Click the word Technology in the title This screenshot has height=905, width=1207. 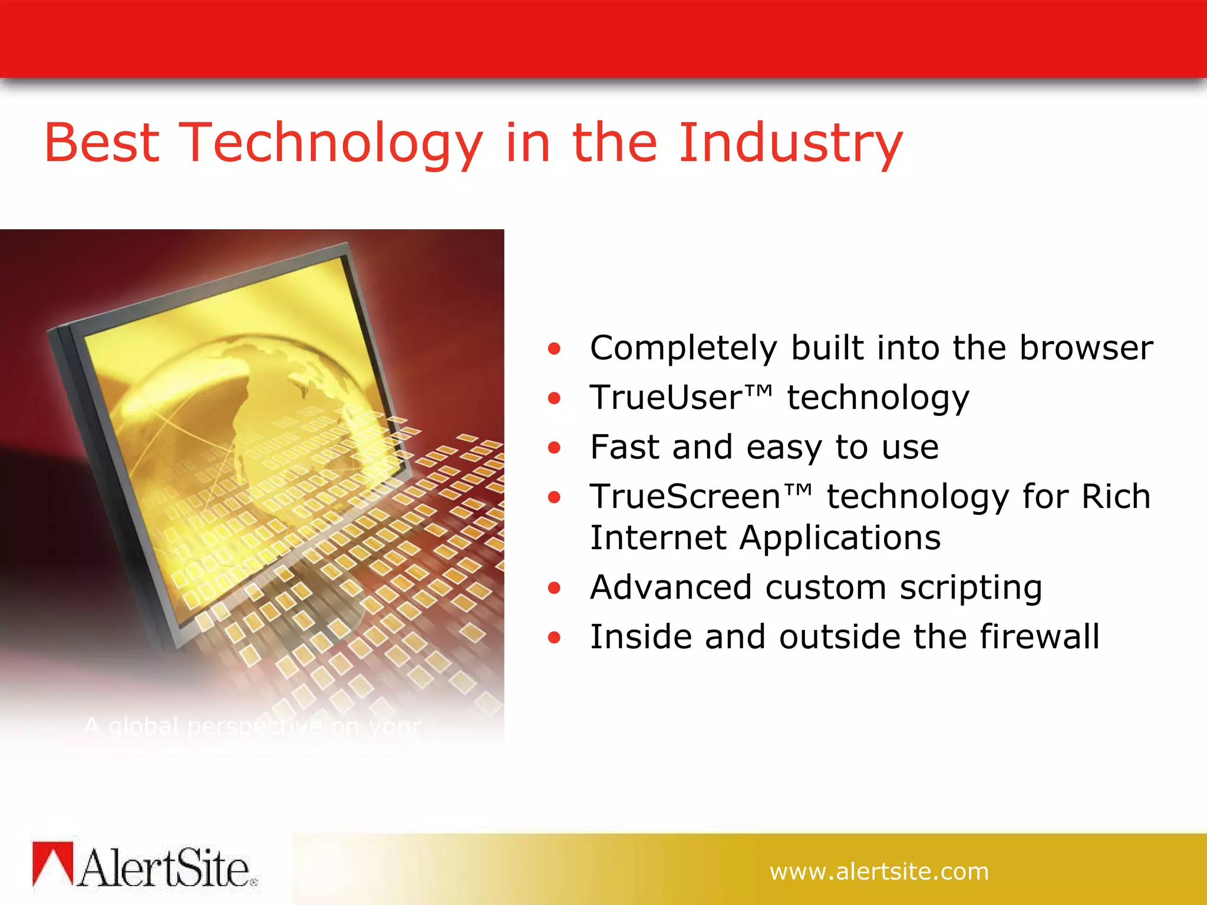click(x=330, y=143)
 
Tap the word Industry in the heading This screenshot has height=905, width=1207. click(x=790, y=143)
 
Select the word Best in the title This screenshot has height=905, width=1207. click(x=101, y=143)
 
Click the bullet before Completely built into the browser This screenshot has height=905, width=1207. click(x=553, y=349)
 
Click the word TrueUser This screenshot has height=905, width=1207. click(x=666, y=398)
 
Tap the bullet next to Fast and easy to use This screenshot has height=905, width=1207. click(x=553, y=448)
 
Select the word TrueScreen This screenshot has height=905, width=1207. click(x=685, y=497)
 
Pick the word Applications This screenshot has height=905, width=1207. click(x=840, y=538)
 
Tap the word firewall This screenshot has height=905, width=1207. click(x=1040, y=637)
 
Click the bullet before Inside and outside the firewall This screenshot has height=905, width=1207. click(x=553, y=638)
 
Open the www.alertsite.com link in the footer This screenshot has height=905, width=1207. click(x=879, y=871)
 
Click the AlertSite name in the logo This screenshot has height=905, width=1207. click(x=165, y=868)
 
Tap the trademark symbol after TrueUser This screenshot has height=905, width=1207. click(x=759, y=391)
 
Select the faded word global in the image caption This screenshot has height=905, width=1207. click(x=143, y=727)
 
